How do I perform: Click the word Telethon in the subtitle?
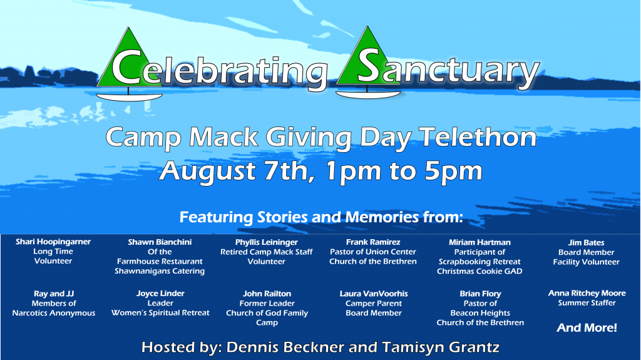478,137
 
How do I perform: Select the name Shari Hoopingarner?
53,242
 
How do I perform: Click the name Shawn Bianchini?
160,242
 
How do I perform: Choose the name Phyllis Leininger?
267,242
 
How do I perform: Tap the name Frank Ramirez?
373,242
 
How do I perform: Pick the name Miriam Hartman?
479,242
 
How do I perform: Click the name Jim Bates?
586,242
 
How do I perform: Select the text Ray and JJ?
54,294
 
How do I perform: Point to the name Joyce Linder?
160,293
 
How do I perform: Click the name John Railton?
267,294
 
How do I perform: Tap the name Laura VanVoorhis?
374,294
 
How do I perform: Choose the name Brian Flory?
480,294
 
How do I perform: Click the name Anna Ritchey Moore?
587,293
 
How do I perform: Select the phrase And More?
587,327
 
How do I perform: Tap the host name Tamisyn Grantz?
441,347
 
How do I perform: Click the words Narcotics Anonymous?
54,313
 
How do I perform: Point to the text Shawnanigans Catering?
160,271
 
